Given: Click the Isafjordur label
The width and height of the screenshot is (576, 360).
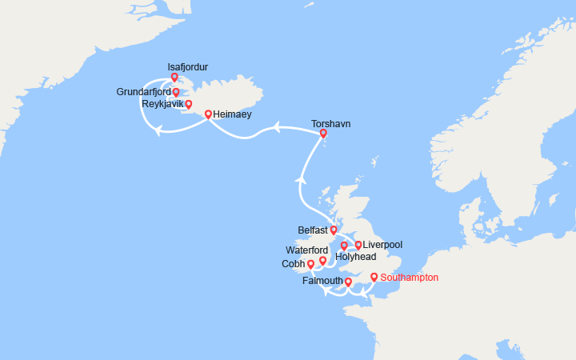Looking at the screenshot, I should click(x=188, y=67).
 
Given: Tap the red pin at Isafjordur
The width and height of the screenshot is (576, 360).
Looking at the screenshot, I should click(x=174, y=78).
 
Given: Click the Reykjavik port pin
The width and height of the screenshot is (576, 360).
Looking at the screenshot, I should click(x=189, y=104).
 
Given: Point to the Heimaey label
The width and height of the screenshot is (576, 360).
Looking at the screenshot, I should click(x=233, y=114).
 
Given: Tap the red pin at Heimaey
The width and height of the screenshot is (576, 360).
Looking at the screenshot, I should click(x=209, y=114).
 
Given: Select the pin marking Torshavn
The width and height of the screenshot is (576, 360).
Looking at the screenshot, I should click(x=323, y=134).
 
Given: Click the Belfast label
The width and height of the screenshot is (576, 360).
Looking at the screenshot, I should click(x=313, y=230).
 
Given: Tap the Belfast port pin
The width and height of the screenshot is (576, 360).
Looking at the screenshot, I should click(x=334, y=230).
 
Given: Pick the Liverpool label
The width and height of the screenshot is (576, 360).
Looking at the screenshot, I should click(x=382, y=244).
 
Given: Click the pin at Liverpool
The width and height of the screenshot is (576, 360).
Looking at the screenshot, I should click(x=358, y=245).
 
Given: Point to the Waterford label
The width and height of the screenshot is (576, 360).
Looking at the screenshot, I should click(x=307, y=250).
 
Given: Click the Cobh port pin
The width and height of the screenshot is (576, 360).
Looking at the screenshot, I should click(x=310, y=264).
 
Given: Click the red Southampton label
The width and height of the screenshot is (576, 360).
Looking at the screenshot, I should click(x=410, y=278).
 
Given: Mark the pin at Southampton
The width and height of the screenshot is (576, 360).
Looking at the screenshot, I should click(x=374, y=278).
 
